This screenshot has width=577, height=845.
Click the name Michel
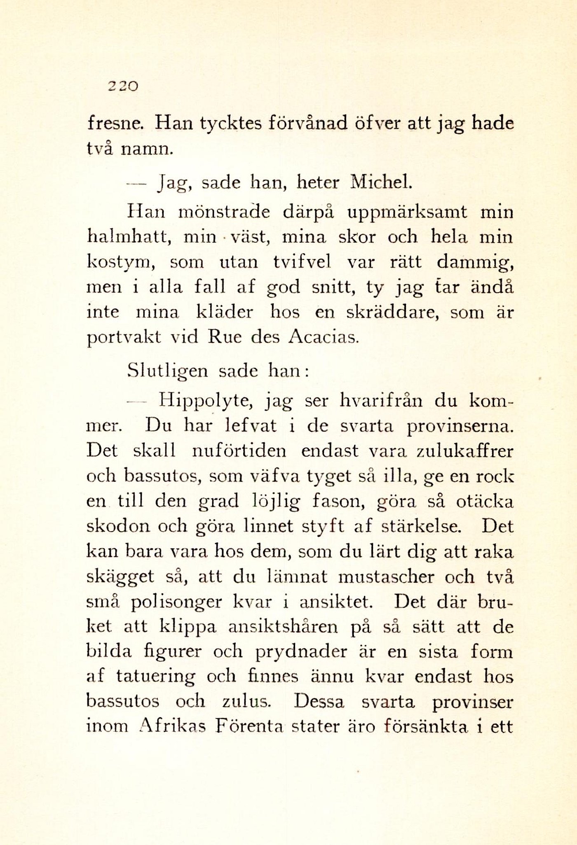(x=380, y=182)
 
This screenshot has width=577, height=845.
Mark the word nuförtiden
(x=239, y=451)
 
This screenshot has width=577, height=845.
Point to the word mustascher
(x=386, y=577)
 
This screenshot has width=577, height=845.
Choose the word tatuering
(x=155, y=677)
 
